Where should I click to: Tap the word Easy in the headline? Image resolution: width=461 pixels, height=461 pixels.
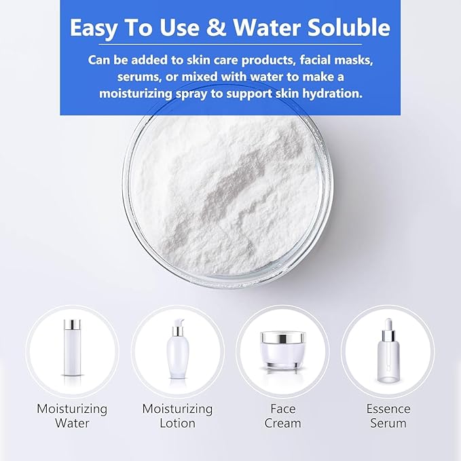coord(96,28)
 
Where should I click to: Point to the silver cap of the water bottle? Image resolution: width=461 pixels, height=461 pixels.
coord(72,325)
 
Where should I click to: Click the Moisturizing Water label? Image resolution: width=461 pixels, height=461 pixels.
coord(72,416)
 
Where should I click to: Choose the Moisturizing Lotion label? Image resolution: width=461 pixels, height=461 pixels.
coord(177,416)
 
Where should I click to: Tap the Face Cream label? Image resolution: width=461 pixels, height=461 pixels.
coord(282,416)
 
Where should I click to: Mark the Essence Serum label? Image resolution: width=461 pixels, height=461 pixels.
coord(388,416)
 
